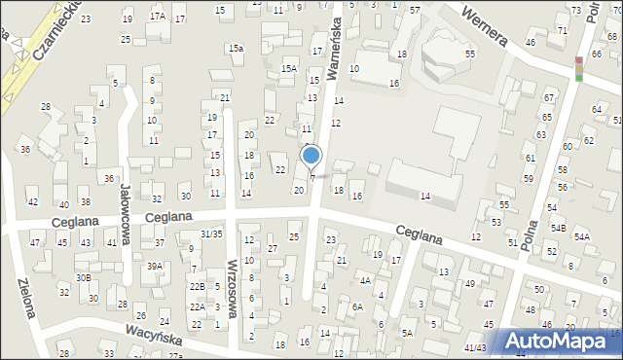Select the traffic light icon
(x=579, y=68)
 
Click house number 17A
(x=158, y=17)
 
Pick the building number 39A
(x=155, y=266)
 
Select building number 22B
(x=198, y=286)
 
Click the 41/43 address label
(x=475, y=347)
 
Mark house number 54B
(x=558, y=228)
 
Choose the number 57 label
(x=415, y=10)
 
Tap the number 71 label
(x=563, y=31)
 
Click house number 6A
(x=358, y=306)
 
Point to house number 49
(x=470, y=284)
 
